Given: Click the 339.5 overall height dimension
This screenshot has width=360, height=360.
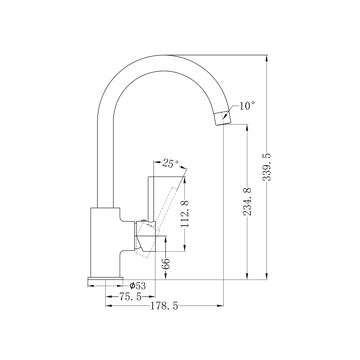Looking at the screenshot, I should pos(267,167).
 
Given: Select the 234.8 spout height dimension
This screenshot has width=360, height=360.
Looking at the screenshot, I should pos(247,201).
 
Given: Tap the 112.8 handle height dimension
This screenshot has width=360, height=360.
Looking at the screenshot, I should pos(185,214).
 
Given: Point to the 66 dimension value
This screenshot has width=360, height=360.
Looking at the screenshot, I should pos(166,263).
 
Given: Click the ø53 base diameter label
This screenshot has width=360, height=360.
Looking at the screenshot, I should pos(137,286).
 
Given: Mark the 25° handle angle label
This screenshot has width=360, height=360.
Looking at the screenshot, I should pos(171,163).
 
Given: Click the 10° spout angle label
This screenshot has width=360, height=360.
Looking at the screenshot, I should pos(247,106).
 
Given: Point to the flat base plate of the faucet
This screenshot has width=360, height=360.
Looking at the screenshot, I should pos(105,278).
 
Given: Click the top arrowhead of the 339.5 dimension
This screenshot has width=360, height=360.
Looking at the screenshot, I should pos(267,58).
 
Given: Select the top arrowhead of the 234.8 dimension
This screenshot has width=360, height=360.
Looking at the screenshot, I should pos(247,128).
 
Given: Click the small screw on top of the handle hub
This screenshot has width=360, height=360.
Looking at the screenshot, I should pos(143,220).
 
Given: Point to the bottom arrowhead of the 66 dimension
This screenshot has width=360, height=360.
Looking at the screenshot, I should pos(166,276).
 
